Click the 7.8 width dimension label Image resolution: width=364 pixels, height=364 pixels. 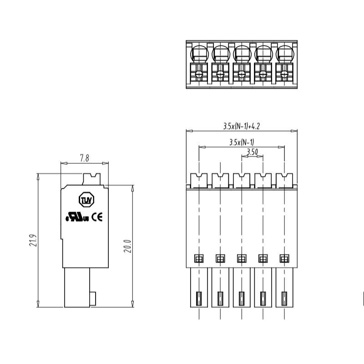tap(84, 158)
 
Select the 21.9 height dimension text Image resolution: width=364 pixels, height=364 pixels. tap(32, 241)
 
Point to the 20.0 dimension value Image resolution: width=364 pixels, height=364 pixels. tap(127, 245)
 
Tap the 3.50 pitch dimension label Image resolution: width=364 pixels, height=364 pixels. tap(252, 152)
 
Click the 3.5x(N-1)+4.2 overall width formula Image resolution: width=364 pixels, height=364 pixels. tap(242, 126)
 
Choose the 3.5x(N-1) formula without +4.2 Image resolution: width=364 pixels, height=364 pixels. tap(242, 142)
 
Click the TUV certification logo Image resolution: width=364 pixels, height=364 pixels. tap(86, 200)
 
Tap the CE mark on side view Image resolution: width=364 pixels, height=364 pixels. tap(97, 217)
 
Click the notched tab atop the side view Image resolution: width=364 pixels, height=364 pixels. tap(92, 178)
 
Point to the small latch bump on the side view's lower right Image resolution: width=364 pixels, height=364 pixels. tap(94, 298)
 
